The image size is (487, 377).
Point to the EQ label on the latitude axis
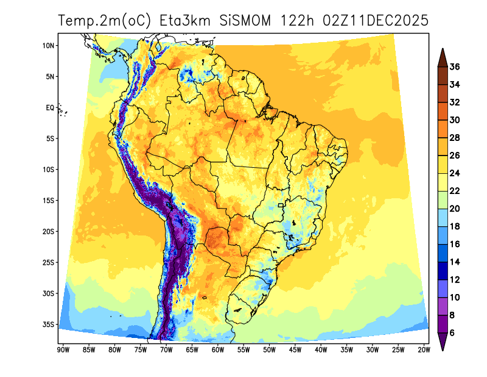tap(51, 107)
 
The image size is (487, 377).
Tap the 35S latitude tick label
tap(49, 324)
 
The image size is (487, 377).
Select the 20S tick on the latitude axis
tap(49, 231)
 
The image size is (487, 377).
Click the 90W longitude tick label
tap(62, 350)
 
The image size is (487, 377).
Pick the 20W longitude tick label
tap(424, 350)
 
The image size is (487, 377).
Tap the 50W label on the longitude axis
tap(269, 350)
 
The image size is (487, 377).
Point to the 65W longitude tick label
tap(191, 350)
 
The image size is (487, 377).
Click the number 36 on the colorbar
tap(455, 67)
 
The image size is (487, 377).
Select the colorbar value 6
tap(452, 332)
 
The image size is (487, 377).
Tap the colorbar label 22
tap(455, 191)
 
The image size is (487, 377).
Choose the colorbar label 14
tap(455, 262)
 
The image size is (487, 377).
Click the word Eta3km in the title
tap(185, 21)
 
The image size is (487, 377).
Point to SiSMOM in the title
tap(247, 21)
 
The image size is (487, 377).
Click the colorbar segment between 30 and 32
tap(443, 111)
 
